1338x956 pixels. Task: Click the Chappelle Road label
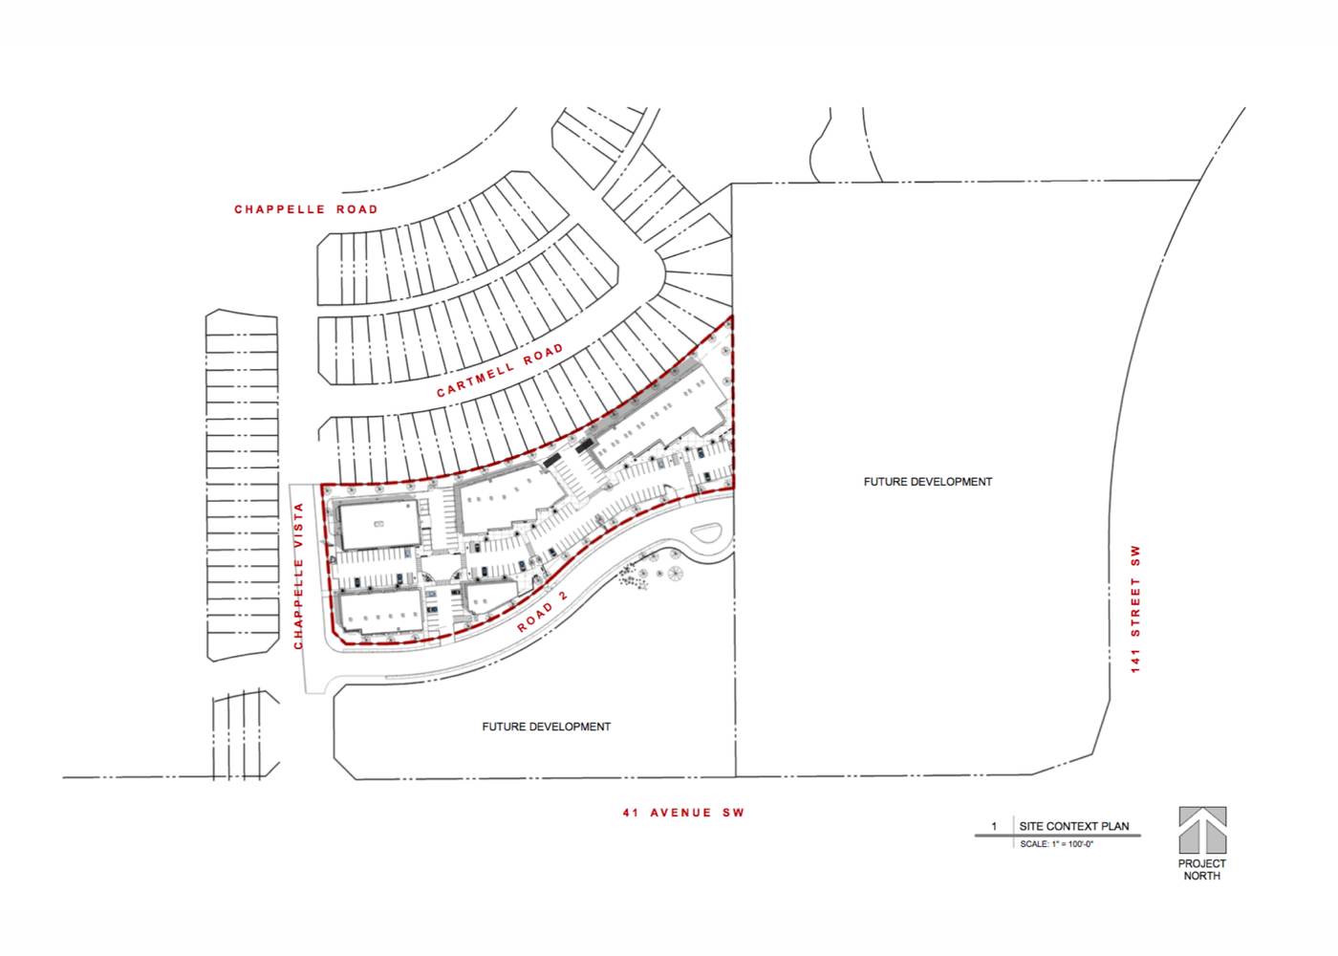tap(306, 209)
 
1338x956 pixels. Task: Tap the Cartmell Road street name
tap(500, 371)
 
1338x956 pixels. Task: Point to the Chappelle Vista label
tap(298, 576)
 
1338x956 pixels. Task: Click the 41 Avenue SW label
tap(684, 813)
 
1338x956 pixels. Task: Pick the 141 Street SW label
tap(1135, 609)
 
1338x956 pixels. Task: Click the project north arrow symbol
tap(1202, 831)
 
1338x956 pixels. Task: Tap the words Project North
tap(1202, 869)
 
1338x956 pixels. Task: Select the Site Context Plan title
tap(1074, 826)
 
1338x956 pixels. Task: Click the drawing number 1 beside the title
tap(994, 826)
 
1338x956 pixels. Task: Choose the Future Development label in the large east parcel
tap(928, 482)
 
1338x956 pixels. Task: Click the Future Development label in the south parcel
tap(547, 727)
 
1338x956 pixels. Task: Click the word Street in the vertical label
tap(1135, 606)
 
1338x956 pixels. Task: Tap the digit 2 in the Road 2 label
tap(562, 597)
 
